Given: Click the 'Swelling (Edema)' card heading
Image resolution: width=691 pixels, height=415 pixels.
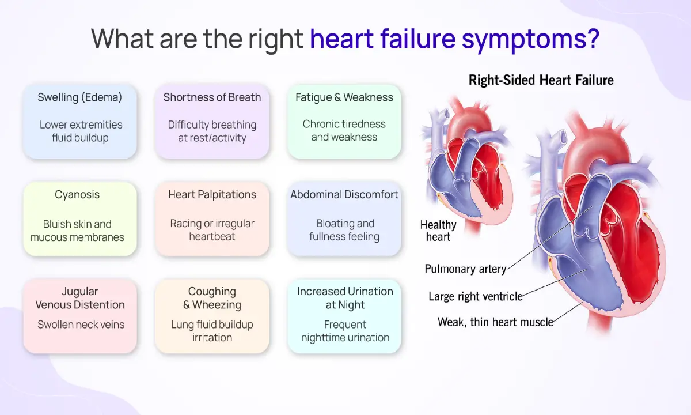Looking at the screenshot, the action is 80,97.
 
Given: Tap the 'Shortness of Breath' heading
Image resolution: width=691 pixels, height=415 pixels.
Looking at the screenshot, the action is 212,97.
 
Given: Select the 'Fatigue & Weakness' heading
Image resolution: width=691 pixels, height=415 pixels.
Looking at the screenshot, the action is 344,97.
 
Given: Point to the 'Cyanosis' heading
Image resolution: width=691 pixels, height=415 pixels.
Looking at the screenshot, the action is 77,195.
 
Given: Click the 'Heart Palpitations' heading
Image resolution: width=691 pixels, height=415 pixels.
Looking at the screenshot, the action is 212,195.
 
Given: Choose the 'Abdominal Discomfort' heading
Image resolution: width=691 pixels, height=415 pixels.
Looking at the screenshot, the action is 344,195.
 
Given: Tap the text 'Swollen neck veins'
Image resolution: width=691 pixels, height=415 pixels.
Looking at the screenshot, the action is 81,325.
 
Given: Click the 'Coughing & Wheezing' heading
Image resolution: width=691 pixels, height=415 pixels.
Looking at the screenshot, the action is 212,298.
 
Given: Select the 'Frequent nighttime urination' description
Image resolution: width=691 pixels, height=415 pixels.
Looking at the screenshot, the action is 345,331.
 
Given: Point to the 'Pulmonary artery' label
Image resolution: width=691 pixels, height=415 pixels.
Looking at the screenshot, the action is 465,269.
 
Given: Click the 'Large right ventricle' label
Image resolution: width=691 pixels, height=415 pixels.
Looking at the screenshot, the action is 476,296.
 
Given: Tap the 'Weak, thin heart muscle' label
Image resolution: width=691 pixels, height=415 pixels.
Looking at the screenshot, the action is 495,322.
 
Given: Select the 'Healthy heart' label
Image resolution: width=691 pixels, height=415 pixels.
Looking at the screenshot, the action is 438,231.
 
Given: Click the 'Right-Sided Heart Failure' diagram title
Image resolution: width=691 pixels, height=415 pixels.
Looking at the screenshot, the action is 541,80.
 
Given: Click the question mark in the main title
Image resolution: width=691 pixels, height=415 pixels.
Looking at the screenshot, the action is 593,38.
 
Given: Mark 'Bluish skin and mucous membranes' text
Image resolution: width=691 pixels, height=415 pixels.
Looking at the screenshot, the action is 77,231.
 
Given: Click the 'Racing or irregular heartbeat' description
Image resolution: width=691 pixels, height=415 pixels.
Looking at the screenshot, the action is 212,230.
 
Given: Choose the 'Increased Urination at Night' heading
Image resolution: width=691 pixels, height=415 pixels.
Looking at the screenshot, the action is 345,298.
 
